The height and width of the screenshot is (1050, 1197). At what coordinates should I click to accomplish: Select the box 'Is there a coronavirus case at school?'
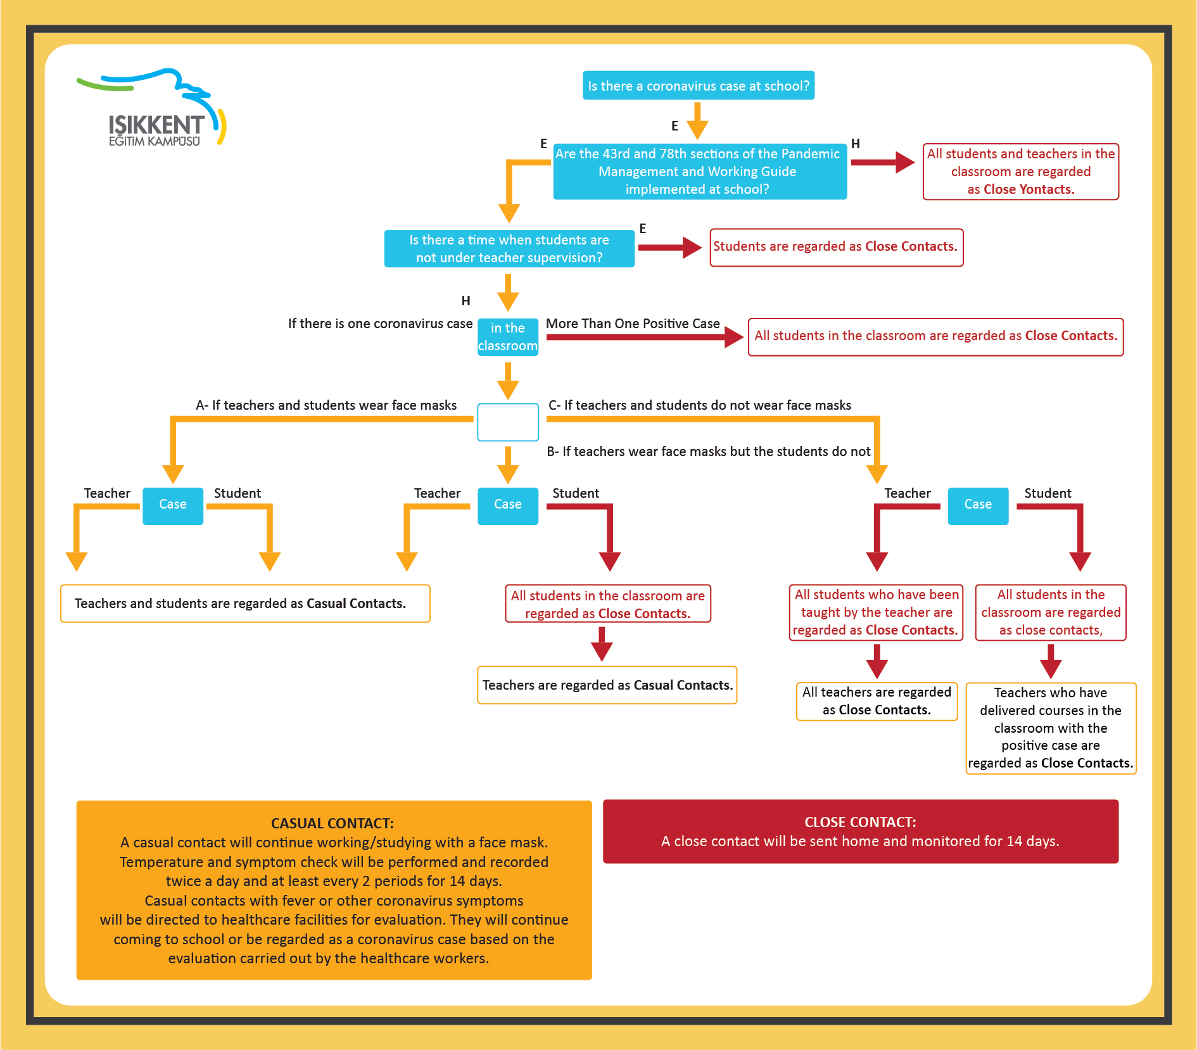tap(699, 85)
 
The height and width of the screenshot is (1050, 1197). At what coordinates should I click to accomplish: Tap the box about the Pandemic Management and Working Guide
tap(700, 172)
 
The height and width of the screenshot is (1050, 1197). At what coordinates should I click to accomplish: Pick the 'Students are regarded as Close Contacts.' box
tap(837, 247)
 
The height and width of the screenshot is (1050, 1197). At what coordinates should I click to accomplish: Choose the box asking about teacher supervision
tap(509, 248)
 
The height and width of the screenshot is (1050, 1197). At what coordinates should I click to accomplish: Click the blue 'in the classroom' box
tap(508, 337)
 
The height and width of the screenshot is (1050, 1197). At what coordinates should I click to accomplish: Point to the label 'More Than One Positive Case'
tap(633, 324)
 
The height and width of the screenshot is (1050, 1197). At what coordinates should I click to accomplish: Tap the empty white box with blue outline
tap(508, 422)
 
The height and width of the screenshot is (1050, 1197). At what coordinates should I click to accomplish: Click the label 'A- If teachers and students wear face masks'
tap(326, 405)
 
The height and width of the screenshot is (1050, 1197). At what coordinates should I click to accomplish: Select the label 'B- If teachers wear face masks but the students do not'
tap(709, 452)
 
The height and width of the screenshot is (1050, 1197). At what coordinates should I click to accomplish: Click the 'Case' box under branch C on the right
tap(978, 506)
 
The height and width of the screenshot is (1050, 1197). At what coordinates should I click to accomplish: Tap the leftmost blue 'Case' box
tap(173, 506)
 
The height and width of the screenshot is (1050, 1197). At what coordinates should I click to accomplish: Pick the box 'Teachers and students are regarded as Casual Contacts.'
tap(245, 604)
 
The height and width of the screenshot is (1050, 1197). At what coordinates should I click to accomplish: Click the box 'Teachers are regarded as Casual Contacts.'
tap(607, 685)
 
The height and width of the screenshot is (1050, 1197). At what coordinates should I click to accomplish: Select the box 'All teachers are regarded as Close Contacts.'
tap(877, 701)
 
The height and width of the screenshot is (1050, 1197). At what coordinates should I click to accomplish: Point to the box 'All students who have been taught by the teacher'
tap(876, 612)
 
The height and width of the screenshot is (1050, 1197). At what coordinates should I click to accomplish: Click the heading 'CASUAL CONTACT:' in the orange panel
tap(332, 823)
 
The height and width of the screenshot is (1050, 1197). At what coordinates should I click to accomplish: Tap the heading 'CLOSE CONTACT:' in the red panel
tap(860, 822)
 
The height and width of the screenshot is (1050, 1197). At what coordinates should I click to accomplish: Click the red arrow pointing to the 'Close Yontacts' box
tap(883, 163)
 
